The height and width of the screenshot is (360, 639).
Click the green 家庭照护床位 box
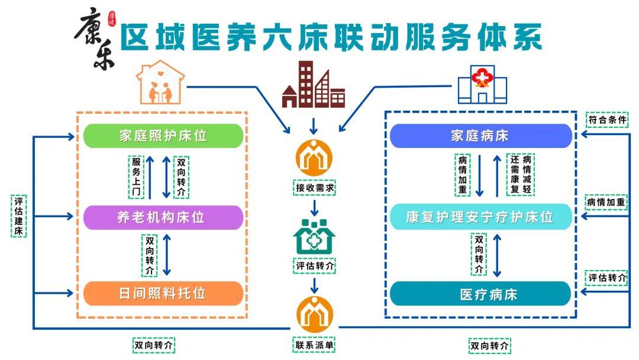pyautogui.click(x=163, y=136)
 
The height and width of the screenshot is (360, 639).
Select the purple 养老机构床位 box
pyautogui.click(x=163, y=217)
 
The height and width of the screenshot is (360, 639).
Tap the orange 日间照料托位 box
pyautogui.click(x=163, y=293)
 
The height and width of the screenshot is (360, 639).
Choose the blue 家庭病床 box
pyautogui.click(x=481, y=136)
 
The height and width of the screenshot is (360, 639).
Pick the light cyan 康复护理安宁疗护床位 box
pyautogui.click(x=481, y=217)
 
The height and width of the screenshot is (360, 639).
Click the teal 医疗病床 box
pyautogui.click(x=481, y=294)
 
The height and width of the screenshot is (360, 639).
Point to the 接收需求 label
pyautogui.click(x=314, y=188)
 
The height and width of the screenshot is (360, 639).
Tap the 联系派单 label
pyautogui.click(x=314, y=345)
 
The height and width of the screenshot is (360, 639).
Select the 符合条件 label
pyautogui.click(x=607, y=120)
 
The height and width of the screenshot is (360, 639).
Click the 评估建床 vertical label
pyautogui.click(x=19, y=216)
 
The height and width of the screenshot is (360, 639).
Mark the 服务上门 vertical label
pyautogui.click(x=136, y=177)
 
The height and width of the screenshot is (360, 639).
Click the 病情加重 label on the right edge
pyautogui.click(x=606, y=202)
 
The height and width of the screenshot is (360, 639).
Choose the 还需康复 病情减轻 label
pyautogui.click(x=521, y=175)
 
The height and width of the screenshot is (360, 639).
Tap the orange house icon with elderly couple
pyautogui.click(x=160, y=83)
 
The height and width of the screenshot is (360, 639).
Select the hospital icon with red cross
pyautogui.click(x=483, y=85)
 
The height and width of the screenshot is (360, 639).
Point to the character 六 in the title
pyautogui.click(x=279, y=37)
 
